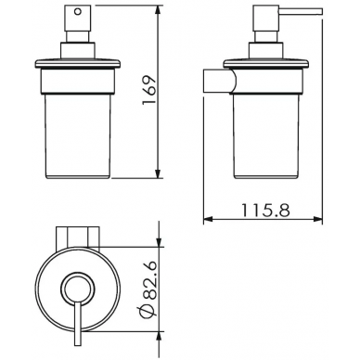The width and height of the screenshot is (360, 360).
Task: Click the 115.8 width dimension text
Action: [265, 211]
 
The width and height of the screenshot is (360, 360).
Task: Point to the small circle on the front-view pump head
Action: [78, 12]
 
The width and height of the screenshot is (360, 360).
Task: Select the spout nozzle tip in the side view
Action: [321, 11]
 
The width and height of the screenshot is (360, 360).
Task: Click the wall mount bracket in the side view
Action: [219, 81]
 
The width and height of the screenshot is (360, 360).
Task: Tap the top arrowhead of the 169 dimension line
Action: [159, 10]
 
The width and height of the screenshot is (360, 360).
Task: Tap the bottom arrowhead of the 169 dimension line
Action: [159, 174]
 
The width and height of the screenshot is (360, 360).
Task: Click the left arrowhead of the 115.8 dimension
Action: [209, 220]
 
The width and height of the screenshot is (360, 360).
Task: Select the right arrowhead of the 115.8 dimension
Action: [317, 220]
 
